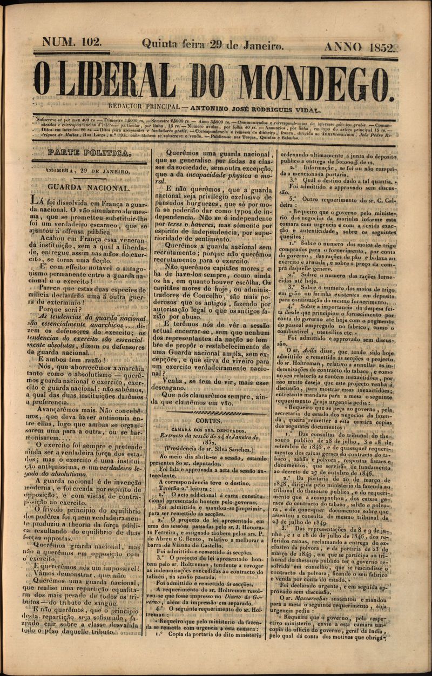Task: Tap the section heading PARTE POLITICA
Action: point(89,153)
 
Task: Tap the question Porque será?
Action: point(72,310)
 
